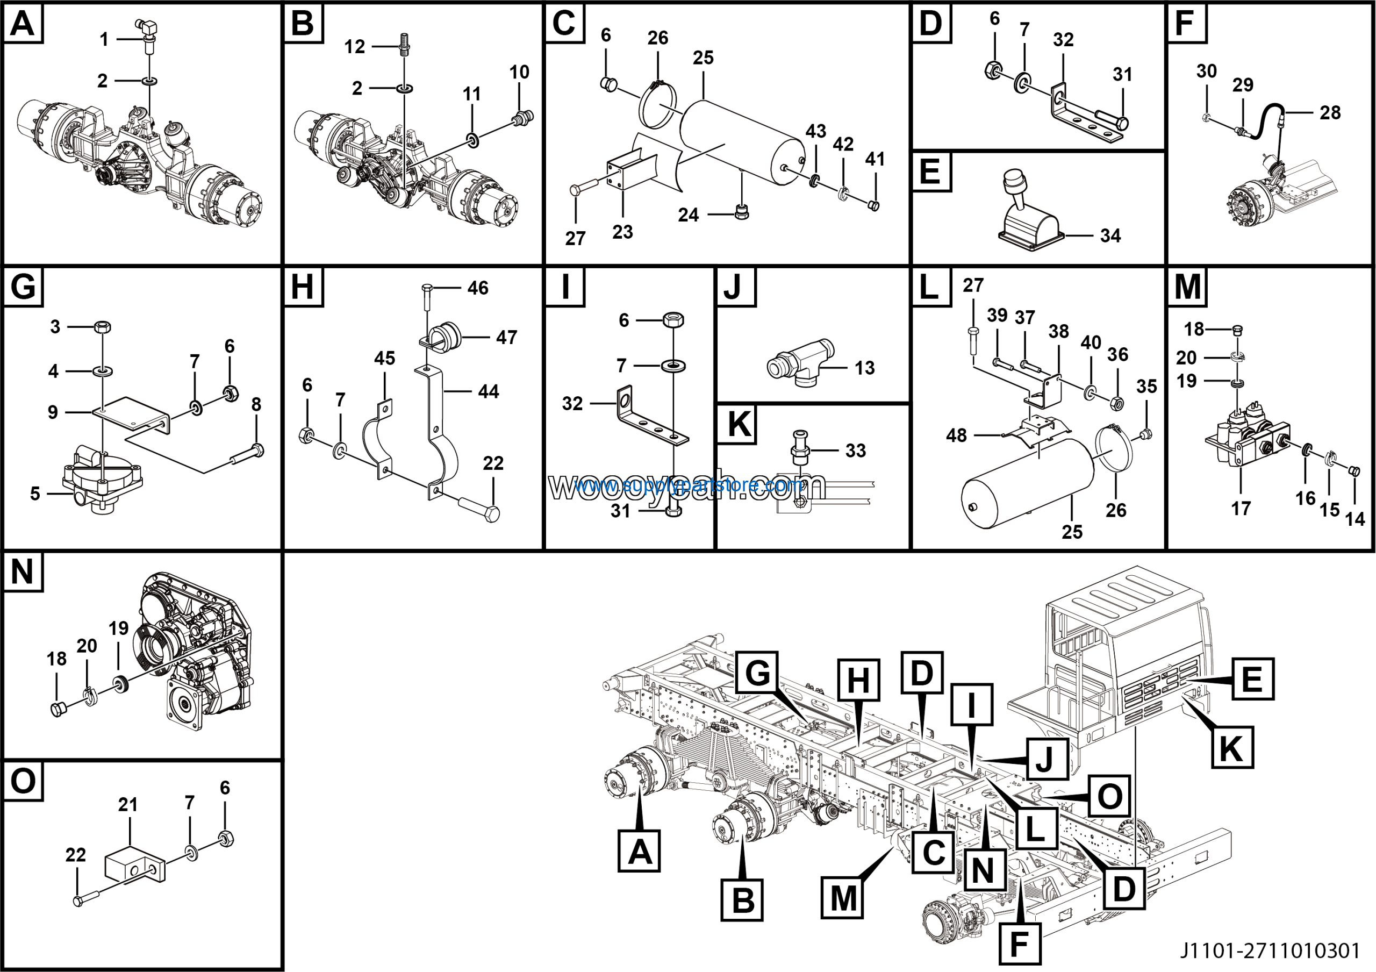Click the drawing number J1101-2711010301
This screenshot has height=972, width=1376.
1270,950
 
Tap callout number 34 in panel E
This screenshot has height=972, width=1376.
1110,235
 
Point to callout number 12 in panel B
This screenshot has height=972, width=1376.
354,47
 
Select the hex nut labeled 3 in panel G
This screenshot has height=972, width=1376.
103,327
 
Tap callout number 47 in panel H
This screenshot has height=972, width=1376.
506,338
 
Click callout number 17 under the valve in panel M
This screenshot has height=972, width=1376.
1241,508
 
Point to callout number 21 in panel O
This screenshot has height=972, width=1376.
127,804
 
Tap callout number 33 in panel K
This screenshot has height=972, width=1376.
855,451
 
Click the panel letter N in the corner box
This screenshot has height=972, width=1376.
22,571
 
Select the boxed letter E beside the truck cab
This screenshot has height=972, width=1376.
1252,679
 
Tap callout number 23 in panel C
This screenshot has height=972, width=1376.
622,232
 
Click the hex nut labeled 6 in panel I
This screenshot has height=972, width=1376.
673,319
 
